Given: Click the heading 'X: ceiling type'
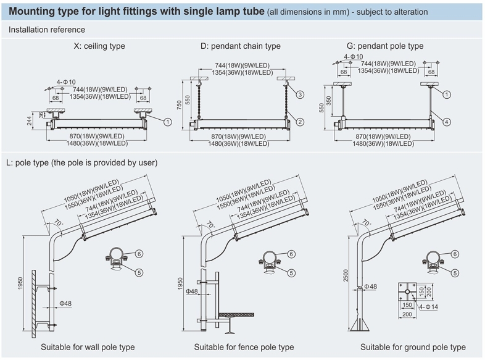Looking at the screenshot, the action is click(x=99, y=46).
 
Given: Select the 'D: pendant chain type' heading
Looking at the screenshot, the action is click(x=240, y=46).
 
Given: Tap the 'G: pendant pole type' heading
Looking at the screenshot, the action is click(x=385, y=46).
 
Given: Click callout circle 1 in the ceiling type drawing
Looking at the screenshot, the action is click(x=168, y=122).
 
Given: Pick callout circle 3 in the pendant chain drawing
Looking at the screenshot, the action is click(x=300, y=94).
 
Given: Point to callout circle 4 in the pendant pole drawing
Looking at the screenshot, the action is click(x=446, y=122).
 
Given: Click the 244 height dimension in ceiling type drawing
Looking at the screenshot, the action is click(x=30, y=121).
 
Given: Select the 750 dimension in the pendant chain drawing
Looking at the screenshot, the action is click(x=180, y=105).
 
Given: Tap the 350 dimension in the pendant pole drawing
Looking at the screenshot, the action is click(x=328, y=101).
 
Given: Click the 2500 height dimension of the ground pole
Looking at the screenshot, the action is click(x=346, y=275).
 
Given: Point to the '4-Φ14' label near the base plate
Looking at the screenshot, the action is click(x=428, y=307).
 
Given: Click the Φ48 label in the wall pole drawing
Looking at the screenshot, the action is click(x=65, y=303).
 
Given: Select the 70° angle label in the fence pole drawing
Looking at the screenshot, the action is click(x=210, y=224).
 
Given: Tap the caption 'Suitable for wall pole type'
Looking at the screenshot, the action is click(x=88, y=347).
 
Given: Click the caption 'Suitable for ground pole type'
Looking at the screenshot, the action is click(x=413, y=347).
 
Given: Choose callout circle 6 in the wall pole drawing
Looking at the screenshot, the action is click(x=139, y=254).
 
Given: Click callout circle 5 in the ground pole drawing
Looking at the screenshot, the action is click(x=455, y=273).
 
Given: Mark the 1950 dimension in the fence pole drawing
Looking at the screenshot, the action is click(x=180, y=283).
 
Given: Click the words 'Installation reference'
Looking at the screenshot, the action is click(x=47, y=30).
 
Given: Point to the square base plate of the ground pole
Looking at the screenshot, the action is click(x=407, y=291).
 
